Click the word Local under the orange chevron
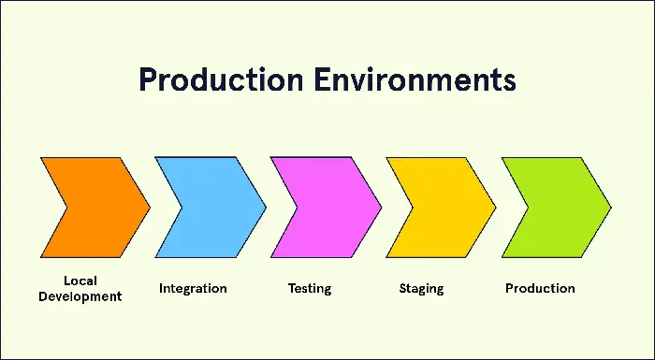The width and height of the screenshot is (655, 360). pos(80,281)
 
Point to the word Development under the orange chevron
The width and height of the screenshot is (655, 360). pos(80,296)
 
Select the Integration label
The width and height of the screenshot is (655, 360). pos(193,289)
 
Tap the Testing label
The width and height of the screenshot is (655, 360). pos(309,289)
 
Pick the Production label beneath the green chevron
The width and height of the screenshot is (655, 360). pos(540,289)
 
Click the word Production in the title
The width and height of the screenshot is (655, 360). pos(220,79)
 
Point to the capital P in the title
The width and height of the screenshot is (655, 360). pos(148,79)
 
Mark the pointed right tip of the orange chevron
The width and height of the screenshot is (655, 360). pos(149,207)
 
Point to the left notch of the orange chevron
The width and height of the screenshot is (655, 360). pos(67,207)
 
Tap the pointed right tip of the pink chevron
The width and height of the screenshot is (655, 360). pos(380,207)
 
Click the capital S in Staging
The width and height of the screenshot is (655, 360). pos(403,288)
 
